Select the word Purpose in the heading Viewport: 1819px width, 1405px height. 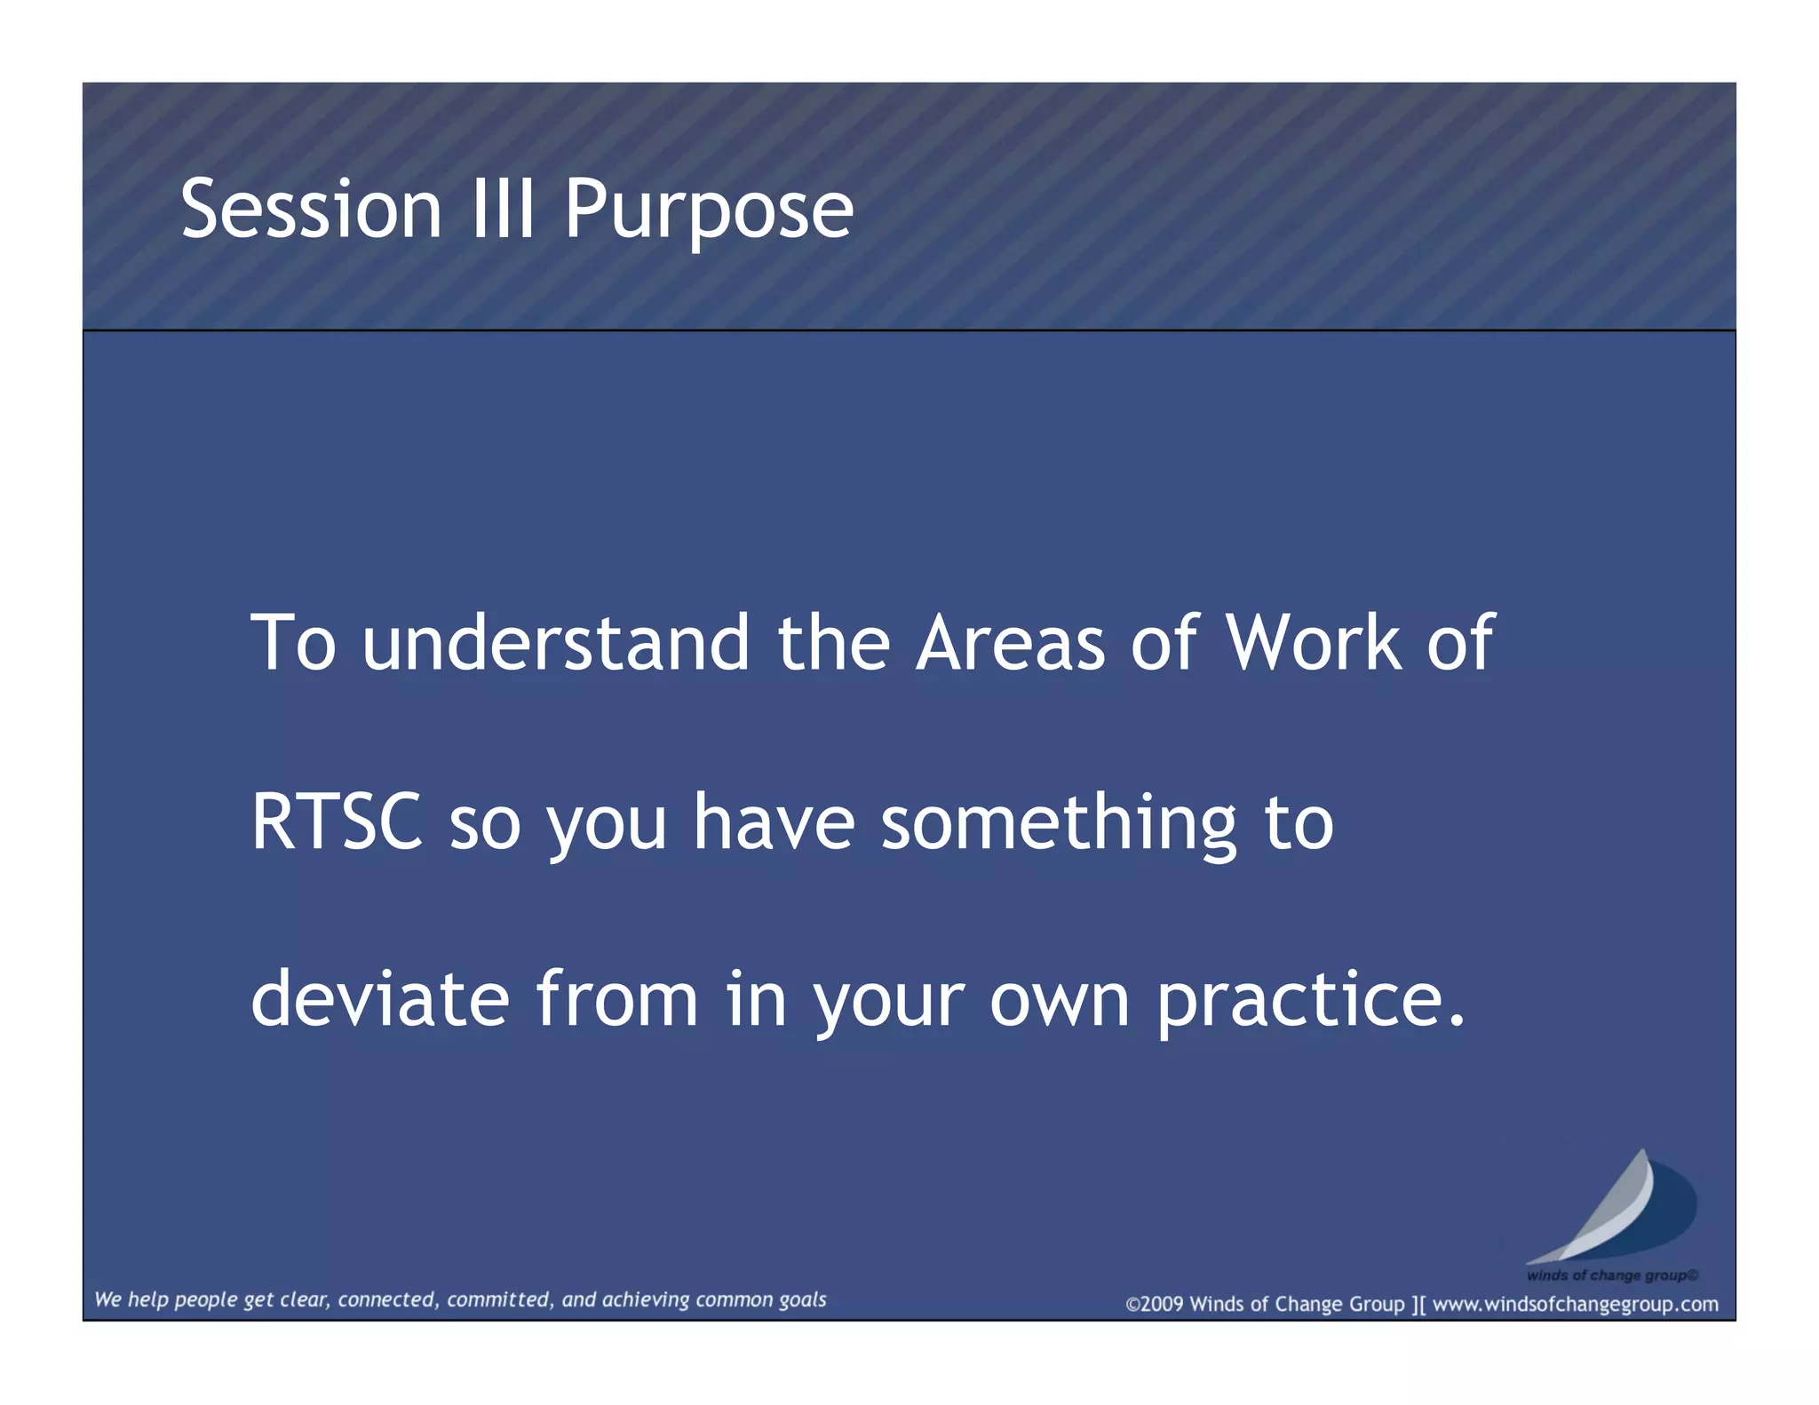pyautogui.click(x=708, y=210)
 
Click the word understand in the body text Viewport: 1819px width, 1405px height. pyautogui.click(x=556, y=643)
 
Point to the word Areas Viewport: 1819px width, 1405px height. pyautogui.click(x=1011, y=643)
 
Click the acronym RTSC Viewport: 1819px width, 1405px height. pyautogui.click(x=337, y=822)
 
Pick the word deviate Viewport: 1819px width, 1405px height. pyautogui.click(x=380, y=1000)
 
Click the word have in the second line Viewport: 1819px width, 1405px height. pyautogui.click(x=774, y=822)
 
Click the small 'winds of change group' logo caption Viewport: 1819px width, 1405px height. pyautogui.click(x=1611, y=1275)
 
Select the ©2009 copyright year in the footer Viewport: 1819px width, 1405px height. pyautogui.click(x=1155, y=1305)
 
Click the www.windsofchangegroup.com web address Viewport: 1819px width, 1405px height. pyautogui.click(x=1575, y=1305)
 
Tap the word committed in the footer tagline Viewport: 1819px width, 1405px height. pyautogui.click(x=500, y=1300)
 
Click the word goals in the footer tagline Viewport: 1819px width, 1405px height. pyautogui.click(x=802, y=1300)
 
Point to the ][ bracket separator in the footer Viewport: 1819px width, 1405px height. pyautogui.click(x=1418, y=1305)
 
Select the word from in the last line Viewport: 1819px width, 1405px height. pyautogui.click(x=616, y=1000)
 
